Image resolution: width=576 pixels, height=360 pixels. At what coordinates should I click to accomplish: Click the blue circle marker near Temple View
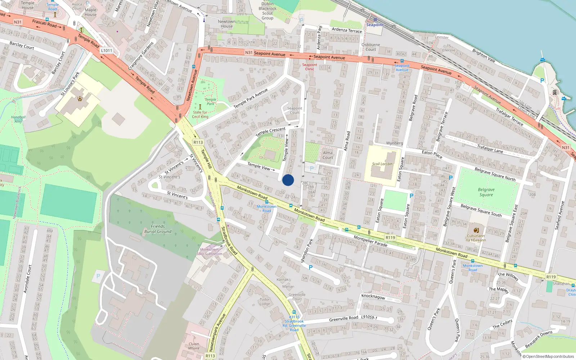pos(288,180)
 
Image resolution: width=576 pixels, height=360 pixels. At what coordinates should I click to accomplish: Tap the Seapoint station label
pos(375,25)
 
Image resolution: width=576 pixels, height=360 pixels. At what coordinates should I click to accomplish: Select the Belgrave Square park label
pos(486,192)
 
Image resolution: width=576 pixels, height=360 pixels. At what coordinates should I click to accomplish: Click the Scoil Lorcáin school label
pos(382,164)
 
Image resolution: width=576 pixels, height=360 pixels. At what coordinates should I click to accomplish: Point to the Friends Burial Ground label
pos(158,229)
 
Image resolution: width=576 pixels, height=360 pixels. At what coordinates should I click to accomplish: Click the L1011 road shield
pos(107,50)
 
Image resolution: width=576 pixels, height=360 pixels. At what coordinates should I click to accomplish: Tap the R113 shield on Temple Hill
pos(198,142)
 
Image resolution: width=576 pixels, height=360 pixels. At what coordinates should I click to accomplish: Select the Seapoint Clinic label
pos(310,67)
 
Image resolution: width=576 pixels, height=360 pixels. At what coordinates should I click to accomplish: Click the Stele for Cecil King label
pos(200,114)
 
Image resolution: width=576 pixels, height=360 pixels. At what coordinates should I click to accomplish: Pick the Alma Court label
pos(328,155)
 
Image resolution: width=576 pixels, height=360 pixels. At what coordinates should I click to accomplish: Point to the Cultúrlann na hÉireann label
pos(476,238)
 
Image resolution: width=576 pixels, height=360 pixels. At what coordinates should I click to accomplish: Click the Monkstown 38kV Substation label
pos(209,252)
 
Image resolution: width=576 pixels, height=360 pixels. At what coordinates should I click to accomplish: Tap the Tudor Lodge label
pos(265,301)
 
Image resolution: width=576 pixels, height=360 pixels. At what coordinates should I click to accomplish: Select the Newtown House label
pos(226,24)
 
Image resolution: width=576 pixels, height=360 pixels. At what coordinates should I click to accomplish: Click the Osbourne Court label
pos(371,47)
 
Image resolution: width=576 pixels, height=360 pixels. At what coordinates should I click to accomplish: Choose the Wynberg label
pos(395,143)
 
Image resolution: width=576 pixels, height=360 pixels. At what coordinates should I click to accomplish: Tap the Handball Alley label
pos(18,119)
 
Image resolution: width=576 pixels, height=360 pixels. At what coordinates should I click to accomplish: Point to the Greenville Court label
pos(297,297)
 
